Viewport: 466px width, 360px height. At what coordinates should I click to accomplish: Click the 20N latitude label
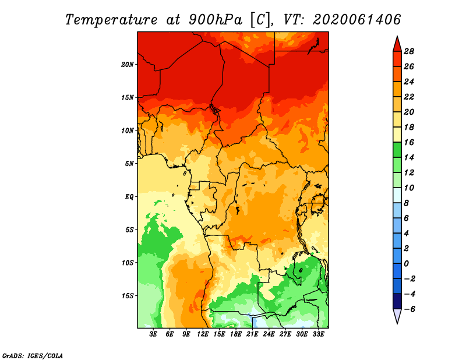[x=128, y=65]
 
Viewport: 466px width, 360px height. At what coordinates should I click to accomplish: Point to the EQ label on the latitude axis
[x=129, y=197]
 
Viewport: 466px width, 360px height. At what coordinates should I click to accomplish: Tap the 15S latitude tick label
[x=128, y=296]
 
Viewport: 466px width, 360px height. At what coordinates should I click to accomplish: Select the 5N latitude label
[x=129, y=164]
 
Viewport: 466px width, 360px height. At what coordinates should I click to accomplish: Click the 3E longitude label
[x=153, y=334]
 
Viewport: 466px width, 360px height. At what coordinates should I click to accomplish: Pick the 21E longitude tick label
[x=252, y=334]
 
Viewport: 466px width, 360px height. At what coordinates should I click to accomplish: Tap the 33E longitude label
[x=318, y=334]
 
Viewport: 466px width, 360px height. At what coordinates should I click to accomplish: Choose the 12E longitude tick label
[x=203, y=334]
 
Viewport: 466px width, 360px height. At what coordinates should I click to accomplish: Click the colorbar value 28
[x=409, y=51]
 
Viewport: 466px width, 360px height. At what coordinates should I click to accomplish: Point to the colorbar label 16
[x=409, y=142]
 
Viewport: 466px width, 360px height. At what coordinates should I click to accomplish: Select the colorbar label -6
[x=409, y=309]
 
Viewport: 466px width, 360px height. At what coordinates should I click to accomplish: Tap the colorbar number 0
[x=406, y=264]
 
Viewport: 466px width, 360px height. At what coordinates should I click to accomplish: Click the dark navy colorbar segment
[x=397, y=301]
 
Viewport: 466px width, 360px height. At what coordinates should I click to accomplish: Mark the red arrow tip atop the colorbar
[x=397, y=36]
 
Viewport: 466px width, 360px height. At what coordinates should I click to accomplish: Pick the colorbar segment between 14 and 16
[x=397, y=150]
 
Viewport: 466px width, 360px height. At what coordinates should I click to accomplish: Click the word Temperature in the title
[x=111, y=20]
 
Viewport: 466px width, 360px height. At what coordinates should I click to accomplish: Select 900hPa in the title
[x=216, y=20]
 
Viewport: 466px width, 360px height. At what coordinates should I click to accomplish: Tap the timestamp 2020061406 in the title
[x=357, y=20]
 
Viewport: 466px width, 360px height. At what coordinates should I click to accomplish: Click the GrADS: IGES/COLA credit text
[x=33, y=355]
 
